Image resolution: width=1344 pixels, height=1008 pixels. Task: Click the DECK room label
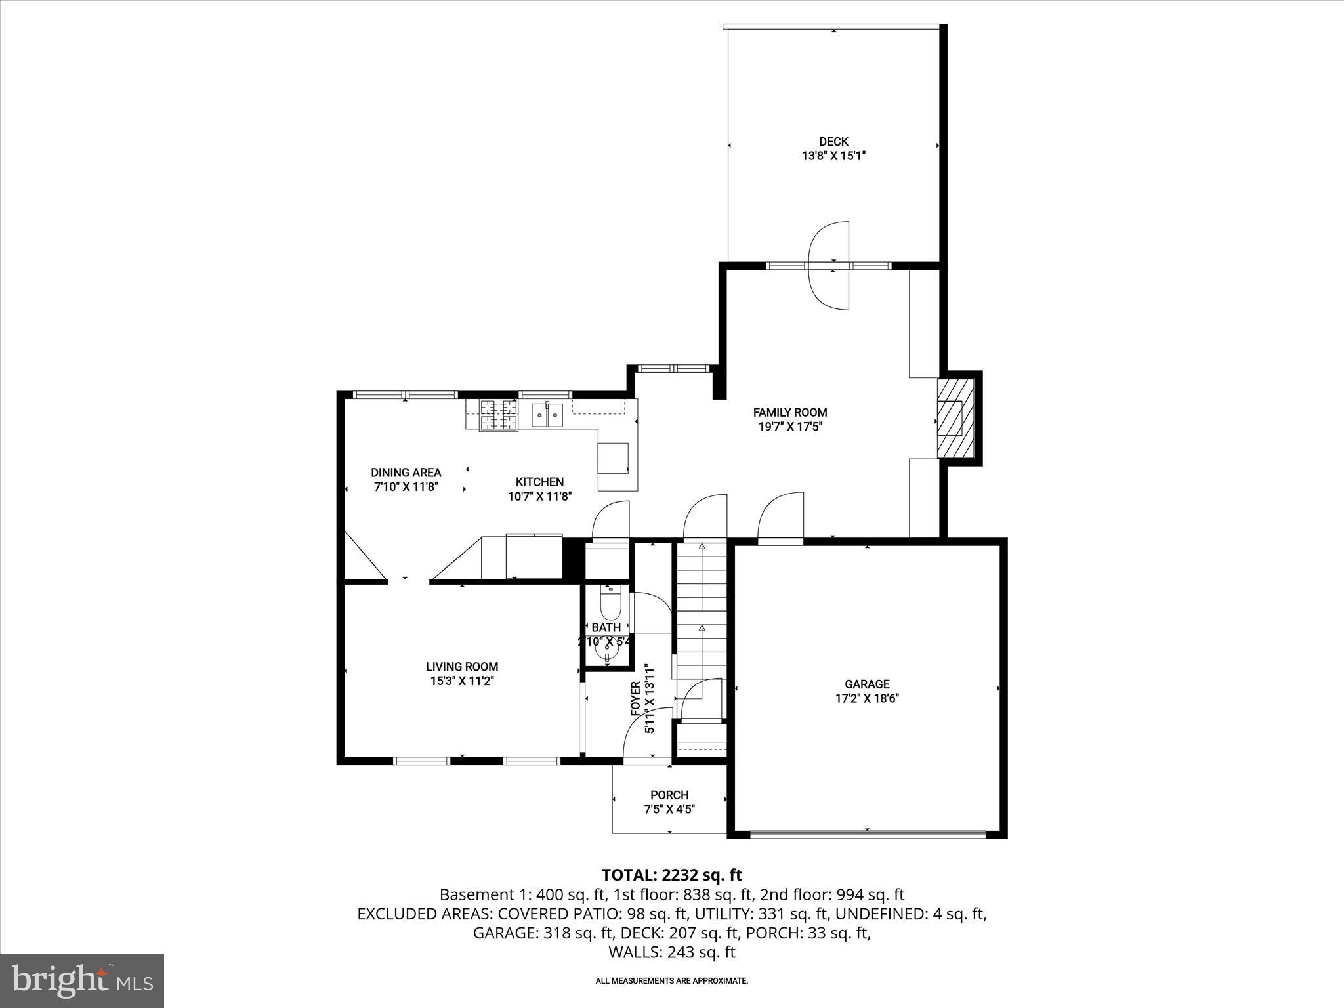pyautogui.click(x=833, y=142)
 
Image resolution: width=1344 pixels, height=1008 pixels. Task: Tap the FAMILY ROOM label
pyautogui.click(x=789, y=413)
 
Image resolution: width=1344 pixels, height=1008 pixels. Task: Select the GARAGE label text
pyautogui.click(x=866, y=684)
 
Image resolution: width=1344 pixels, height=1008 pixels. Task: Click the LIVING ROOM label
pyautogui.click(x=461, y=667)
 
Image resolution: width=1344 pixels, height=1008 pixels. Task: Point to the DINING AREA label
pyautogui.click(x=406, y=472)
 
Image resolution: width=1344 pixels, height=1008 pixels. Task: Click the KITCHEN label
pyautogui.click(x=539, y=482)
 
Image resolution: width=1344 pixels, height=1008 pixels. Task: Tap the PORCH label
pyautogui.click(x=669, y=795)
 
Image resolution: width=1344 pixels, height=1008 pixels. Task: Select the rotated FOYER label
pyautogui.click(x=635, y=698)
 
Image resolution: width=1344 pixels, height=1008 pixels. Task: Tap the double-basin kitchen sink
pyautogui.click(x=547, y=415)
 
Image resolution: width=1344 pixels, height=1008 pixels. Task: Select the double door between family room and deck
pyautogui.click(x=829, y=265)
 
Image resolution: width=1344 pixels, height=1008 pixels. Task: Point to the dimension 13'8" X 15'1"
pyautogui.click(x=833, y=156)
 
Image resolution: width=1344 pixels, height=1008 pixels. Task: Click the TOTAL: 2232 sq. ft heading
pyautogui.click(x=671, y=875)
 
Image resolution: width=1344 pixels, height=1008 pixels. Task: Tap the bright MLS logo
pyautogui.click(x=82, y=980)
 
